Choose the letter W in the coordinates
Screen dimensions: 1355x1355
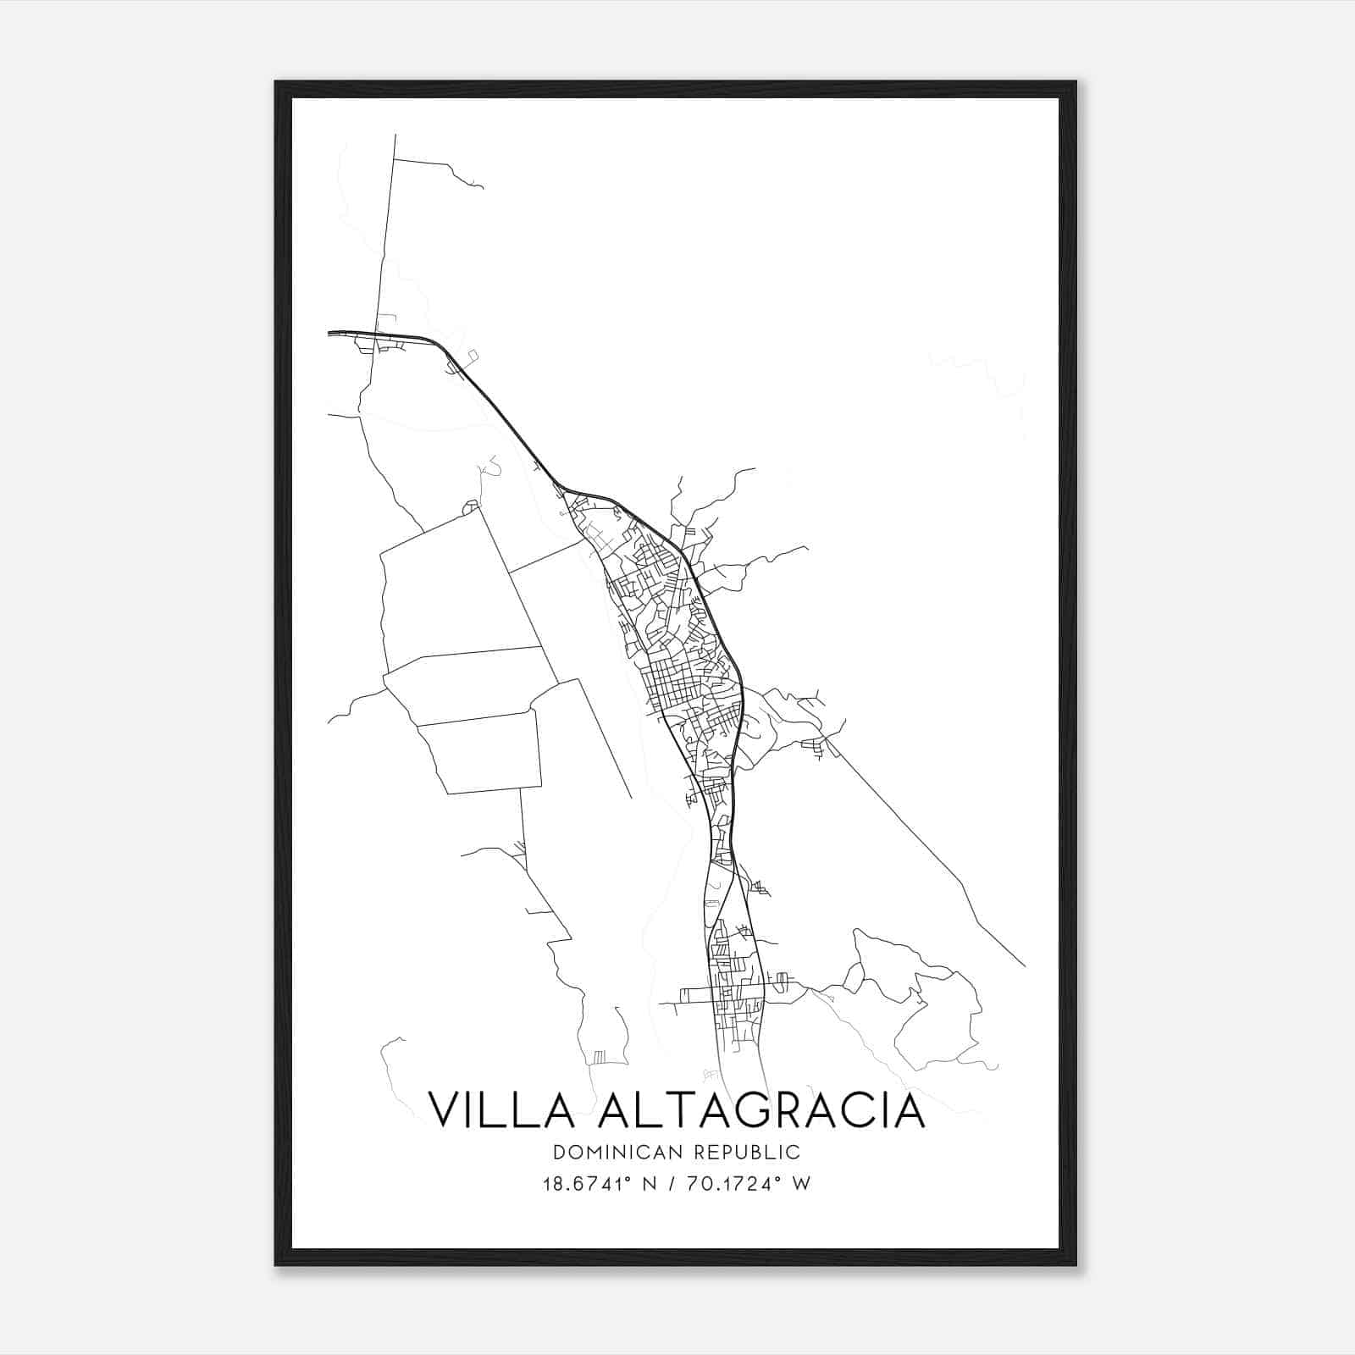coord(801,1183)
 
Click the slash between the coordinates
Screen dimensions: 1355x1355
coord(672,1183)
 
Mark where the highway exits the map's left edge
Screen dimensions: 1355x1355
coord(329,334)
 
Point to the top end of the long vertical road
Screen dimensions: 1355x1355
coord(395,135)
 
